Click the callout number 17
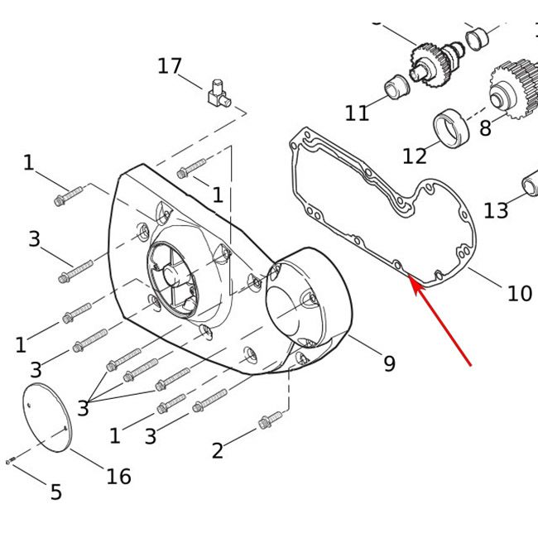(x=170, y=66)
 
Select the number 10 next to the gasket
(x=520, y=294)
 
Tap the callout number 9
(x=390, y=363)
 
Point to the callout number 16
(x=118, y=476)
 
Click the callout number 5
(x=56, y=492)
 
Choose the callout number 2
(x=218, y=450)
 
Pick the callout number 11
(x=358, y=113)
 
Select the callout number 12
(x=415, y=156)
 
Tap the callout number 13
(x=496, y=210)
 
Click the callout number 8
(x=485, y=128)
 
